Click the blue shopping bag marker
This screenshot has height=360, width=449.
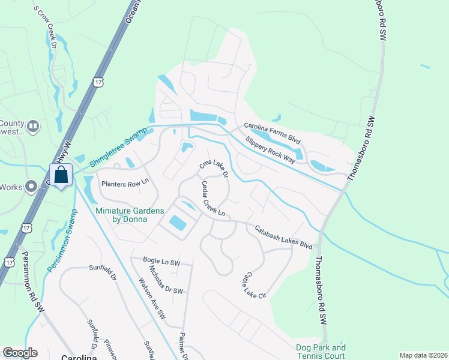(61, 176)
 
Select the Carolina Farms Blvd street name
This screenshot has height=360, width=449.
(272, 133)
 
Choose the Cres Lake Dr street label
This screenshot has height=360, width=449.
(214, 169)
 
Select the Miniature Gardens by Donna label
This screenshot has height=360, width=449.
(125, 214)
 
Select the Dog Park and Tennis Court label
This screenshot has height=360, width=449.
(321, 352)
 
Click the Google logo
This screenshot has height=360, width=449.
(20, 353)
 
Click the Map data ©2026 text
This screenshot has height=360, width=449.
(423, 355)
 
